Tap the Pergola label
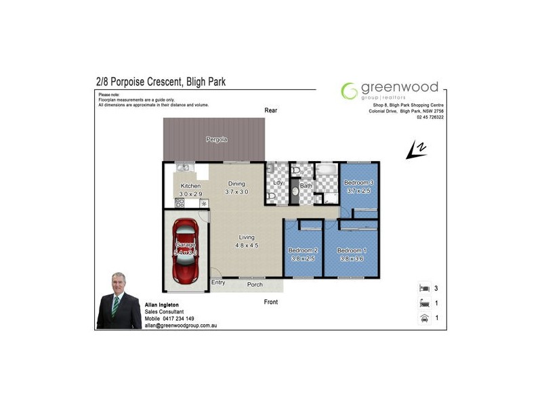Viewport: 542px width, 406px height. click(x=216, y=139)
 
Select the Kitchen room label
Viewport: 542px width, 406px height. click(x=190, y=186)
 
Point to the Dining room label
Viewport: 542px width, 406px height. click(x=236, y=183)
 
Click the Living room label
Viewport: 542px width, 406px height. click(x=247, y=237)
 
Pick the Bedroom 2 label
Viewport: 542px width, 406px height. click(x=302, y=250)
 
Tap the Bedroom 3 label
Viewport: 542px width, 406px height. click(x=358, y=183)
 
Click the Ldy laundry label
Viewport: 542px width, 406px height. click(x=277, y=183)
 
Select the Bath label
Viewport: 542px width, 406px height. click(x=306, y=185)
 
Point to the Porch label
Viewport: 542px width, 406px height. click(x=255, y=284)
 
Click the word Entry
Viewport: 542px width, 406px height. click(x=218, y=282)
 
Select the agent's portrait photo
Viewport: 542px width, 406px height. click(x=119, y=300)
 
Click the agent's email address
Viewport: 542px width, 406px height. click(x=180, y=325)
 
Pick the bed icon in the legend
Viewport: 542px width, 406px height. click(x=425, y=288)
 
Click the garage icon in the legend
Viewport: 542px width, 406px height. click(x=425, y=317)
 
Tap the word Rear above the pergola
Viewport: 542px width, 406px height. click(x=271, y=110)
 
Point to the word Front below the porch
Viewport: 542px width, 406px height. click(x=271, y=302)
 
